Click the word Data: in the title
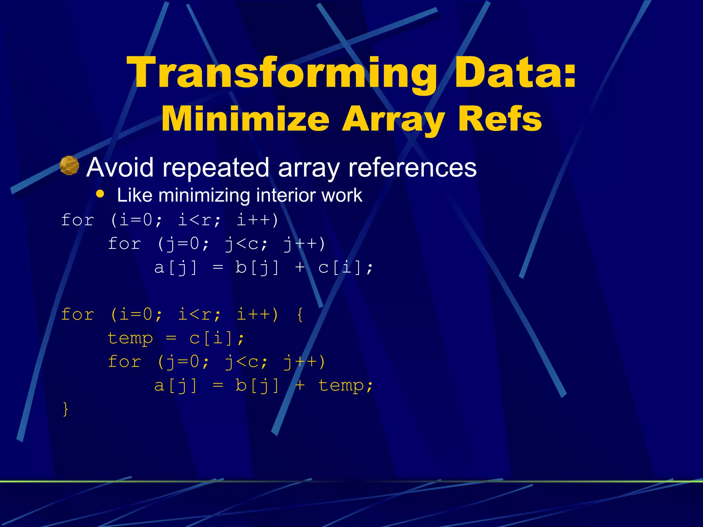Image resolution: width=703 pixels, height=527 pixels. [x=515, y=73]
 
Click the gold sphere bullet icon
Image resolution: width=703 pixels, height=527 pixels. [x=69, y=166]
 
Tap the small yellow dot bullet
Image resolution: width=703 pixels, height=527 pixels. [x=100, y=194]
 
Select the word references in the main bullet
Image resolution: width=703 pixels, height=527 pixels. [x=412, y=167]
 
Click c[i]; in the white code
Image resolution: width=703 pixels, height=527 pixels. [x=345, y=268]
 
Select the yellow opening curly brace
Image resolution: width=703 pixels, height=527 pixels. [x=300, y=315]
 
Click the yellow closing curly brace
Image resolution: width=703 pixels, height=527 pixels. [x=65, y=409]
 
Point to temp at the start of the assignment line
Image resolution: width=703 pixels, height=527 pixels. [x=130, y=339]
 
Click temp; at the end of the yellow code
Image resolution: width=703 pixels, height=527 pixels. [x=345, y=386]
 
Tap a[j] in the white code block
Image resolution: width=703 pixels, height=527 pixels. [x=176, y=268]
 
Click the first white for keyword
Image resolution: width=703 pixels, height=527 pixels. [x=78, y=220]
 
